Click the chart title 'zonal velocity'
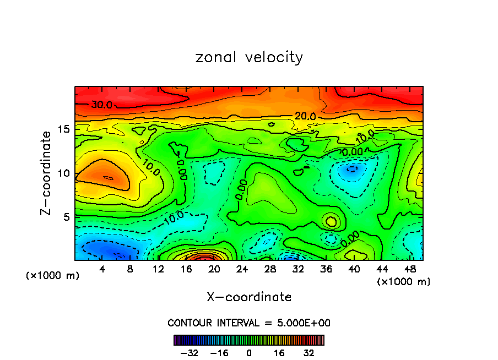(x=249, y=57)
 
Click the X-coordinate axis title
(x=249, y=297)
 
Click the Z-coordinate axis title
(x=47, y=173)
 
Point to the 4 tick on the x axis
(x=102, y=269)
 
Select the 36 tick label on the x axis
(x=326, y=269)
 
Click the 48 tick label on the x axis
(x=410, y=269)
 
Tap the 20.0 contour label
(x=305, y=116)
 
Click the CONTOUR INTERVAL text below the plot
(x=249, y=323)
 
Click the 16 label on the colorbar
(x=279, y=353)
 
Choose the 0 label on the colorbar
(x=249, y=353)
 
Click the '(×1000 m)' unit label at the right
(x=404, y=282)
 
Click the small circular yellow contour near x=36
(x=331, y=221)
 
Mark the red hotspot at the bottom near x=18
(x=204, y=257)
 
